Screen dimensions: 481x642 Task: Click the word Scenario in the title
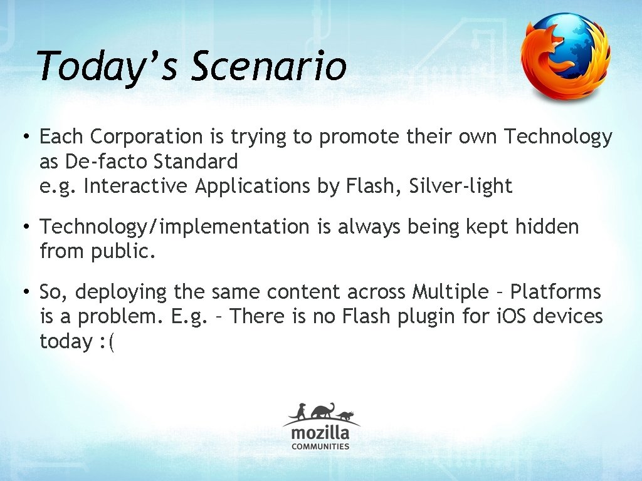(x=268, y=67)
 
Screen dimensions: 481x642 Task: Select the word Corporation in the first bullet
(x=147, y=137)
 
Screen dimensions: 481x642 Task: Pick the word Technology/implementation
(x=174, y=227)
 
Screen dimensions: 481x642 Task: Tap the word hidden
(x=547, y=227)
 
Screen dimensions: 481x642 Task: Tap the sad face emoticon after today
(x=107, y=341)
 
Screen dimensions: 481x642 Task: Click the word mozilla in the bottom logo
(x=320, y=433)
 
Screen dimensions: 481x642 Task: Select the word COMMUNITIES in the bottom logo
(x=320, y=447)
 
